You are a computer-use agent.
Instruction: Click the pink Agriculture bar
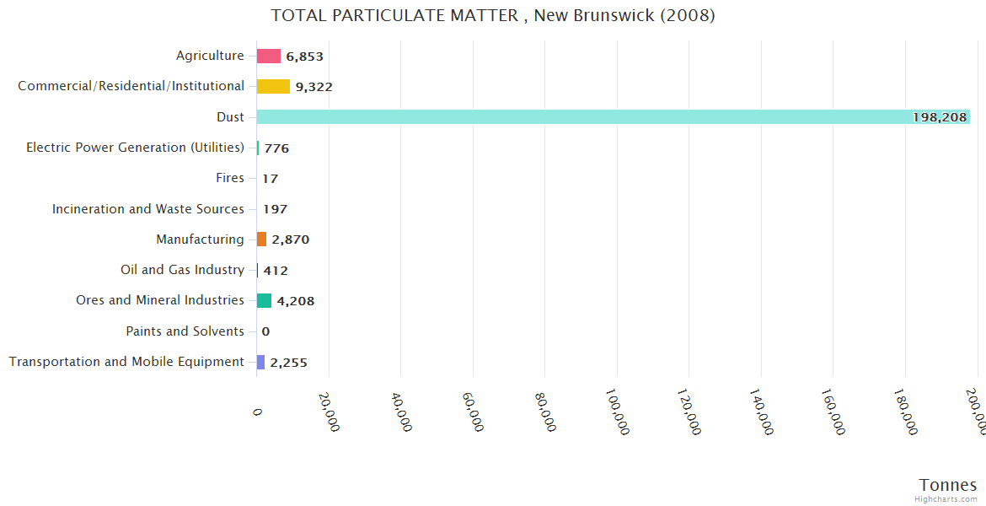(269, 57)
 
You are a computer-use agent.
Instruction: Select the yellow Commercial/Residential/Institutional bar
(273, 87)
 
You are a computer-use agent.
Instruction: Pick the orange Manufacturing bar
(262, 240)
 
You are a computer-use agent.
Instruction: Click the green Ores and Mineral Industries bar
(265, 300)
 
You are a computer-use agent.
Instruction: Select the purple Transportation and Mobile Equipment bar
(261, 362)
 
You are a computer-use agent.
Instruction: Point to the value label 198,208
(939, 117)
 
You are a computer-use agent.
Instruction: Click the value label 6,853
(304, 57)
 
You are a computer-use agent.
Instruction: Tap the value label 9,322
(313, 87)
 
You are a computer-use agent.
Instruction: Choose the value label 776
(276, 148)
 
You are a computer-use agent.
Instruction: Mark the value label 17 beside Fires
(270, 179)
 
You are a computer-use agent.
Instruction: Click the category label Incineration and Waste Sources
(148, 209)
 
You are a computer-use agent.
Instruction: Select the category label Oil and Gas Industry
(182, 270)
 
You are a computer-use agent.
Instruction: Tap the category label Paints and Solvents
(185, 331)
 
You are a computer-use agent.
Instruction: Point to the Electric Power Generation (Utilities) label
(135, 148)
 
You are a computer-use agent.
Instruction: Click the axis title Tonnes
(947, 485)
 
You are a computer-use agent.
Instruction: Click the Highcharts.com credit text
(946, 499)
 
